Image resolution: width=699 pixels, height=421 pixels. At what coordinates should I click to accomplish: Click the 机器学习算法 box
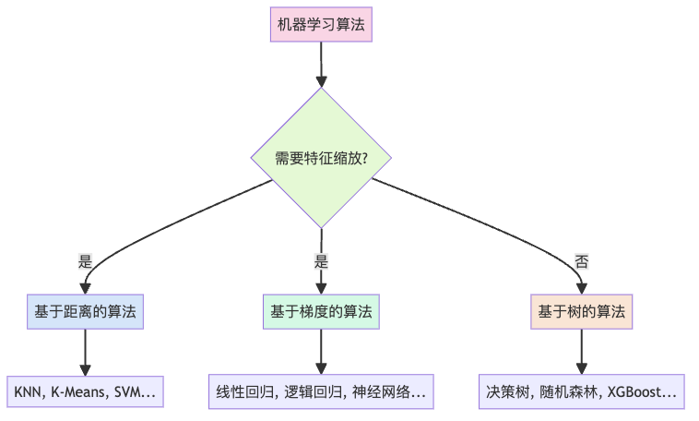(x=321, y=25)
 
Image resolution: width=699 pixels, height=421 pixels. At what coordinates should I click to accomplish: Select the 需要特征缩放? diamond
(x=321, y=157)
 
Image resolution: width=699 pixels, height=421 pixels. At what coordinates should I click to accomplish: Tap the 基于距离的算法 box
(x=85, y=312)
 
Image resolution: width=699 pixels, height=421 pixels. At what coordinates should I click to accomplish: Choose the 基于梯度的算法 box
(x=321, y=312)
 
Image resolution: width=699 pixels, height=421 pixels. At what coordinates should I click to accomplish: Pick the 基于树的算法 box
(x=581, y=312)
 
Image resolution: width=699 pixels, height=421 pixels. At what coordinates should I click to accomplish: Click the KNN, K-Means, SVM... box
(x=85, y=391)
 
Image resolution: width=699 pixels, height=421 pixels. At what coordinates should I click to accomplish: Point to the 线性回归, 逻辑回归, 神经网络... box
(x=321, y=391)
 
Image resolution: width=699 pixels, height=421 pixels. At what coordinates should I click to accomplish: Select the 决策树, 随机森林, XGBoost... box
(x=581, y=391)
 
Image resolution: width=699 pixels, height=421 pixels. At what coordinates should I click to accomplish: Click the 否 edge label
(x=582, y=261)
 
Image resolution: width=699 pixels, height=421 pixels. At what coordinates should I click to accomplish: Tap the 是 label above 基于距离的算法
(x=86, y=261)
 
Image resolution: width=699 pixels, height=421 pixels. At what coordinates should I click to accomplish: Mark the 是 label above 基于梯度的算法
(x=321, y=261)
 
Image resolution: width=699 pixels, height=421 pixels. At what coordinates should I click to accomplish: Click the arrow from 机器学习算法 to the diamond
(x=321, y=65)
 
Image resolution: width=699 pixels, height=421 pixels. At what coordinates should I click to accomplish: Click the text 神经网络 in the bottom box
(x=390, y=391)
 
